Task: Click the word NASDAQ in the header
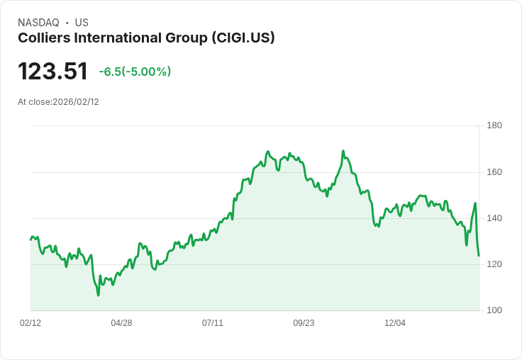click(38, 23)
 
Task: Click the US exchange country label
click(82, 23)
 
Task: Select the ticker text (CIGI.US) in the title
click(243, 38)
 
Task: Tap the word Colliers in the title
click(43, 38)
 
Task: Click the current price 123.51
click(52, 72)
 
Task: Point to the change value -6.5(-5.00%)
click(135, 72)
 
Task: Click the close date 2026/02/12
click(76, 102)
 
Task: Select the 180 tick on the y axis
click(494, 125)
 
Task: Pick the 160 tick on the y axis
click(494, 172)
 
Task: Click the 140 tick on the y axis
click(494, 218)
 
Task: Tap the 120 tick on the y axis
click(494, 264)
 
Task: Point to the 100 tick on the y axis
click(494, 310)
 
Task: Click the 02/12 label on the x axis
click(30, 323)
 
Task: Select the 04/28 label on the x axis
click(121, 323)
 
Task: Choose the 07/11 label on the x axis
click(213, 323)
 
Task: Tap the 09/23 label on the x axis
click(304, 323)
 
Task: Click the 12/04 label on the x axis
click(395, 323)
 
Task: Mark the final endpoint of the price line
click(479, 256)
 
